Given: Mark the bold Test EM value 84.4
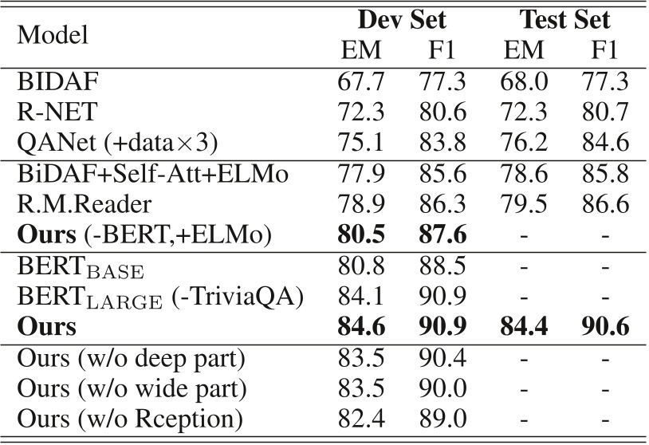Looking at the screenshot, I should [526, 327].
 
